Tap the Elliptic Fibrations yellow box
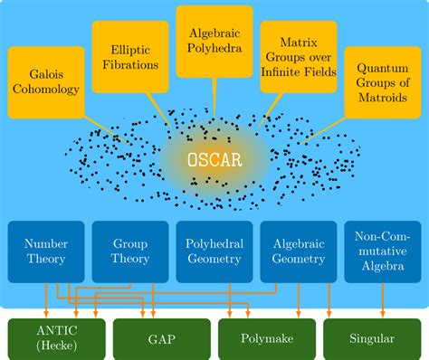click(x=129, y=58)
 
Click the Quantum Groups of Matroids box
click(x=382, y=82)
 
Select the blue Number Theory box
click(x=46, y=251)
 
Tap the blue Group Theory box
click(x=129, y=251)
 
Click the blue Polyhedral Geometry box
click(x=214, y=251)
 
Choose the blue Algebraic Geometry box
click(x=298, y=251)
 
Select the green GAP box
click(x=156, y=339)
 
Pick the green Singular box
click(x=371, y=339)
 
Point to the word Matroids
click(x=382, y=99)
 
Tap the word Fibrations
click(x=129, y=65)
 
